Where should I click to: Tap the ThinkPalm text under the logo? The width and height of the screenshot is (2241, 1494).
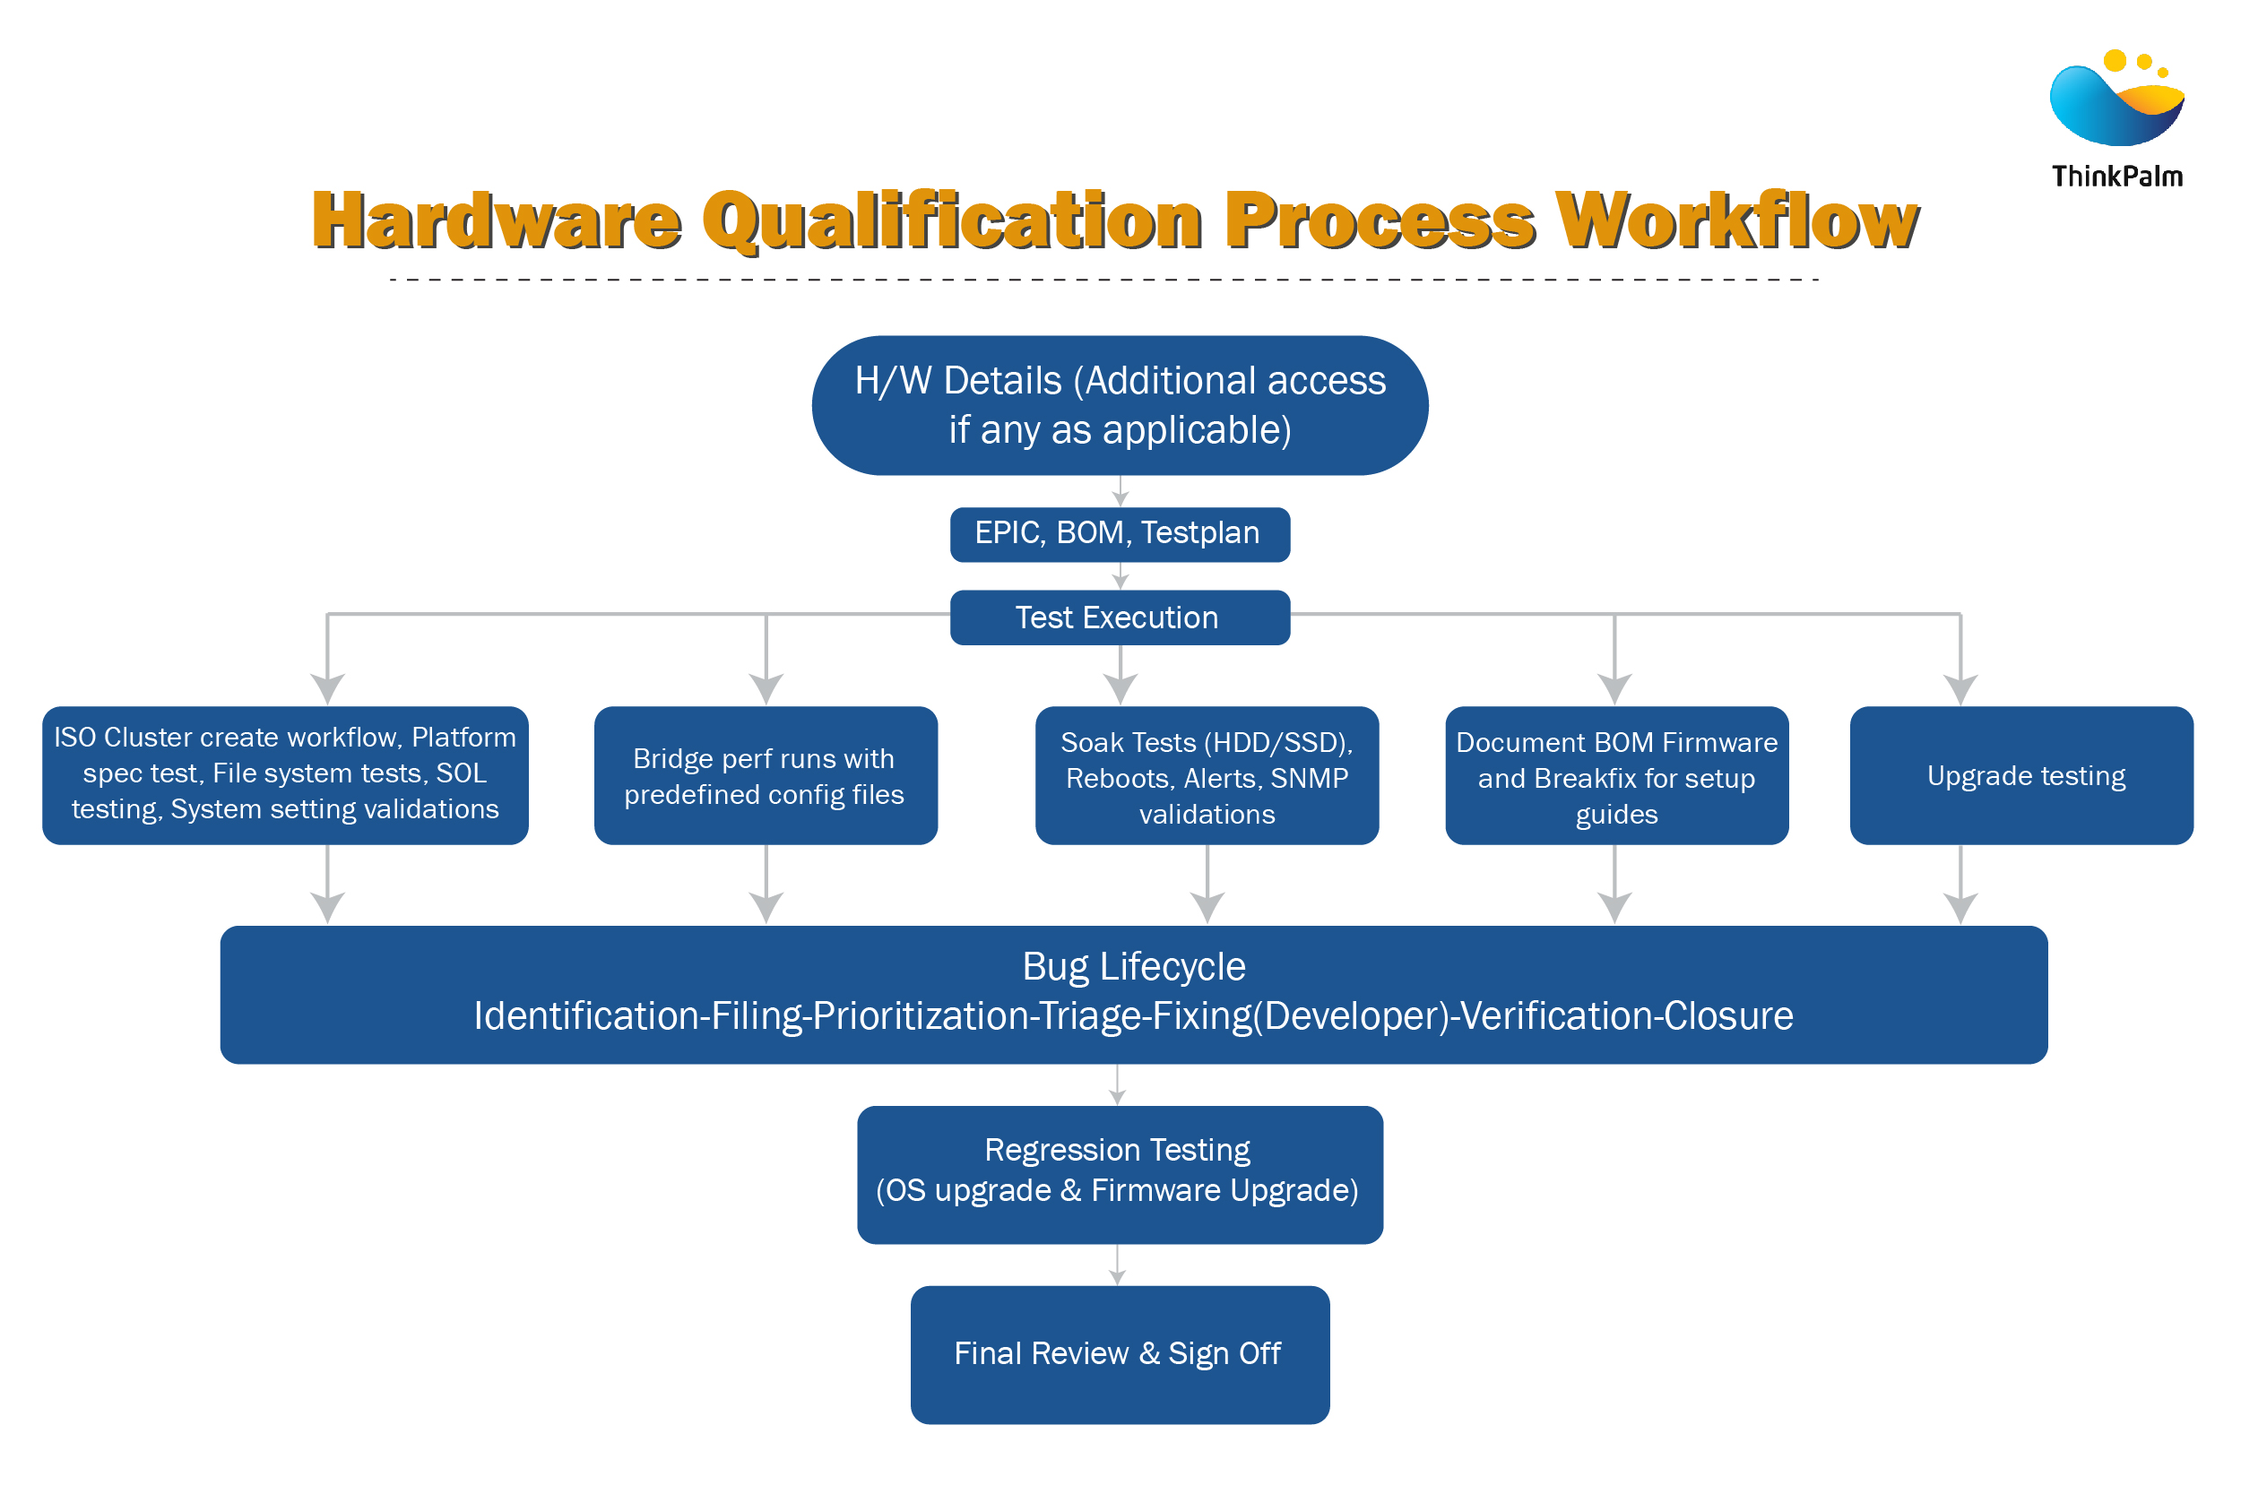point(2116,177)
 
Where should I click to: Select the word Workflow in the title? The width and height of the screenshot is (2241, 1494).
point(1736,221)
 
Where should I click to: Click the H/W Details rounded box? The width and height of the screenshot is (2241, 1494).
point(1120,405)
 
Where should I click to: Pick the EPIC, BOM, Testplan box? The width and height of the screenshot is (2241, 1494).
point(1120,533)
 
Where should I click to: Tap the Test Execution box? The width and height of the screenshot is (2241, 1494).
point(1120,617)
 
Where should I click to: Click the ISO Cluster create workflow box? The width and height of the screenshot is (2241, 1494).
point(285,774)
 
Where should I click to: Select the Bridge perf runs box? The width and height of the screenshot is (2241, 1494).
point(766,774)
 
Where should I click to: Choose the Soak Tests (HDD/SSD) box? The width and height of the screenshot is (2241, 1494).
point(1207,774)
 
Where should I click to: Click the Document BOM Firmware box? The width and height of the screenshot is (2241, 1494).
point(1616,774)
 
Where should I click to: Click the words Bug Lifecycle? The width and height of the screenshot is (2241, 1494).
point(1133,966)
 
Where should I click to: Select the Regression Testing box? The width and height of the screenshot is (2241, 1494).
point(1120,1174)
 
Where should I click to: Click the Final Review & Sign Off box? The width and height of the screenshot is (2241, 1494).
point(1120,1354)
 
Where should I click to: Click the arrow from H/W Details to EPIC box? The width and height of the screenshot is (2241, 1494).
point(1120,492)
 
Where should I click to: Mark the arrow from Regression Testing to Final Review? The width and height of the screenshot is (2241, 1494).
point(1118,1265)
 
